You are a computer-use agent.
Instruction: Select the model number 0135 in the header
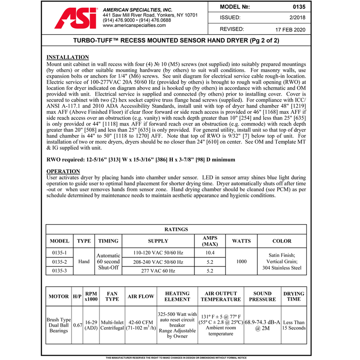298,7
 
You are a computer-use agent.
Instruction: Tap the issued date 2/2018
298,18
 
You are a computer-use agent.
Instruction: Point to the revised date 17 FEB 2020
290,29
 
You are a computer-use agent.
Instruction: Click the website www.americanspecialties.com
134,26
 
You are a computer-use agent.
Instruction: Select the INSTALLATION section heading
67,58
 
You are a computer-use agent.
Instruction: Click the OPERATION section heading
63,171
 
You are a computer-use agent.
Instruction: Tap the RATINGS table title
176,229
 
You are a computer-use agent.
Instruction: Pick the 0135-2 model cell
59,262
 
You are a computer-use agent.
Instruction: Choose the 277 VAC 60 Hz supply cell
158,271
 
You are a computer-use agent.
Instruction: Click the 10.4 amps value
210,253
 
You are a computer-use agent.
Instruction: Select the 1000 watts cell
241,261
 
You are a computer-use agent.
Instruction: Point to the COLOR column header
282,241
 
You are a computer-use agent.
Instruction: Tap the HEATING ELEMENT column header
177,297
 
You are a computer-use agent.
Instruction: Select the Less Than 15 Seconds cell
294,325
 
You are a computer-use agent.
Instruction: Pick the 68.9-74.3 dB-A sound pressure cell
262,325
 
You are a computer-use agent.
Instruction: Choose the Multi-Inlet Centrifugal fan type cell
112,325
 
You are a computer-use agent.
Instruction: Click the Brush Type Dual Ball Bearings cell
58,325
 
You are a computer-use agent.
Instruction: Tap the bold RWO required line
140,160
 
